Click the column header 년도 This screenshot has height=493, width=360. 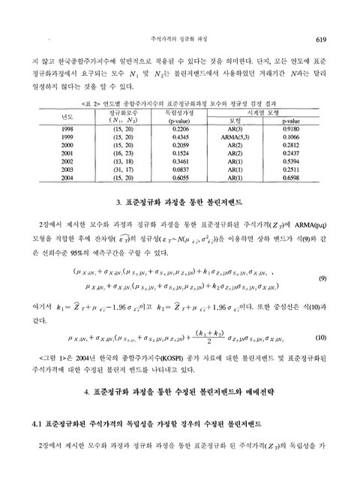coord(67,116)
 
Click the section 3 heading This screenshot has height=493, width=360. coord(180,202)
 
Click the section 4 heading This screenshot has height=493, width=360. coord(180,392)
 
